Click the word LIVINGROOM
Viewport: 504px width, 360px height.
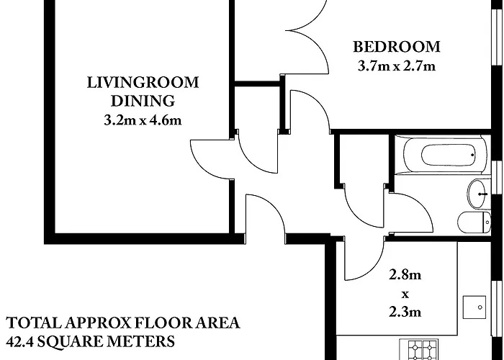tap(142, 81)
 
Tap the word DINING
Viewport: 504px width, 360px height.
tap(142, 100)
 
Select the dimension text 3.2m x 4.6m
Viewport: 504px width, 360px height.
tap(142, 120)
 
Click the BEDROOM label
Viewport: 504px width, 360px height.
tap(396, 48)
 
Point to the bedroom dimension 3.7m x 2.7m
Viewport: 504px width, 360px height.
tap(396, 67)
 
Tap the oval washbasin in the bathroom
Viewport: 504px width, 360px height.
tap(477, 192)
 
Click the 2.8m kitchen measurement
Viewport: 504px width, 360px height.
tap(405, 274)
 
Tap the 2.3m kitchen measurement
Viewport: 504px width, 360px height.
tap(405, 312)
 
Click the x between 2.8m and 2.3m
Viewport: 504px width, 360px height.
tap(405, 294)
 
